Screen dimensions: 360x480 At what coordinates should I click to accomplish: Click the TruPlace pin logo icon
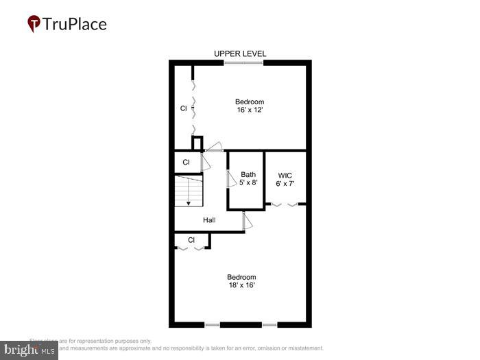pos(34,24)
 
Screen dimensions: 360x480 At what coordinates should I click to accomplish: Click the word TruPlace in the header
pos(75,24)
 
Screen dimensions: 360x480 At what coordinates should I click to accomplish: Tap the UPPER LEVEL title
pos(240,53)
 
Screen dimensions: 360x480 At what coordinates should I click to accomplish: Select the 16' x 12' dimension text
pos(250,110)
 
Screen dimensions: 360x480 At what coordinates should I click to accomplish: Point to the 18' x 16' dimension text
pos(241,285)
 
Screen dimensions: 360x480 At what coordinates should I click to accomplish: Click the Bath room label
pos(248,175)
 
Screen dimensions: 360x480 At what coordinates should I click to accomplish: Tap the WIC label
pos(285,175)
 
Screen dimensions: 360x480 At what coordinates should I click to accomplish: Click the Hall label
pos(209,220)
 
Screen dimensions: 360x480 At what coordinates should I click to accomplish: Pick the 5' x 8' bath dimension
pos(248,183)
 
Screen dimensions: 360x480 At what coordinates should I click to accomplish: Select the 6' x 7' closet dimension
pos(285,184)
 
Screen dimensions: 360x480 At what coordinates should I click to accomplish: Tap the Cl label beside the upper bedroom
pos(183,108)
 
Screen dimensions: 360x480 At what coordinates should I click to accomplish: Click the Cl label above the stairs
pos(186,163)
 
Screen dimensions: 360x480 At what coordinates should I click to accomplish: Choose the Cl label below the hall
pos(191,240)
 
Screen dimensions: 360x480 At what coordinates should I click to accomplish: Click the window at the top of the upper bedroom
pos(243,63)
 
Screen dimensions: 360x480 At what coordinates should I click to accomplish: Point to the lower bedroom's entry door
pos(246,221)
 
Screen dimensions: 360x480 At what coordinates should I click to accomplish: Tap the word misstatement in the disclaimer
pos(302,348)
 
